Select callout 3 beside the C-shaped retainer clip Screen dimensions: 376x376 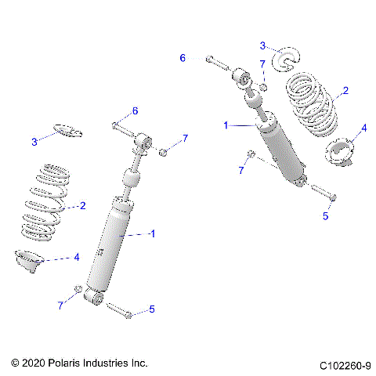pos(263,45)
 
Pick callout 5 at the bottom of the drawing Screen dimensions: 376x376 pos(151,310)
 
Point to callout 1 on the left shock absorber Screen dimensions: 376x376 pos(153,233)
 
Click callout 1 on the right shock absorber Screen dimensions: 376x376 pos(226,125)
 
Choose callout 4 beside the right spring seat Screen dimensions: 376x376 pos(363,128)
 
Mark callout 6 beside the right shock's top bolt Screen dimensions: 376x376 pos(183,58)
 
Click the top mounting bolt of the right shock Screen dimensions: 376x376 pos(219,62)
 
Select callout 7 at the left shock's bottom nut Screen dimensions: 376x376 pos(60,305)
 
